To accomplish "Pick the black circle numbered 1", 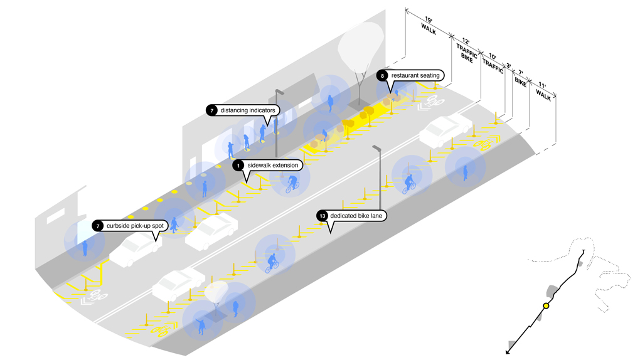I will [x=238, y=166].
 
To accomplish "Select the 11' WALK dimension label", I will [x=543, y=91].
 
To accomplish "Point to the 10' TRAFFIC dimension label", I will [x=492, y=63].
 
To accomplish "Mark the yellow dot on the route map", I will [x=546, y=305].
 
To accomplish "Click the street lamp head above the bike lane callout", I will [x=376, y=148].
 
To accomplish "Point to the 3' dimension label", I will [x=508, y=65].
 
